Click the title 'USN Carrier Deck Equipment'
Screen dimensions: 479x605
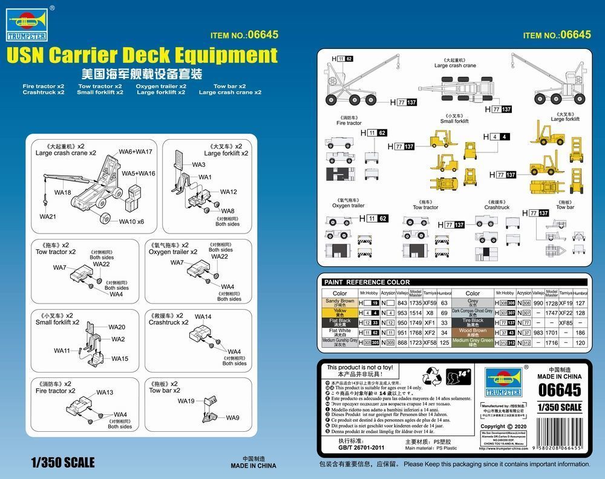point(142,56)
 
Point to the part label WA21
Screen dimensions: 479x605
point(48,217)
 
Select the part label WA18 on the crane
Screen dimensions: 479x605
point(62,192)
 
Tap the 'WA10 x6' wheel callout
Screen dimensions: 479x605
point(131,221)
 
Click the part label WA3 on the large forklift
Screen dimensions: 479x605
point(198,165)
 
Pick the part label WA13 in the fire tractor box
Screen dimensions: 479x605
point(105,393)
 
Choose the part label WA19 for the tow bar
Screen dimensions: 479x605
point(186,401)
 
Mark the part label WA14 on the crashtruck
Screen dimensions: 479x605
point(203,317)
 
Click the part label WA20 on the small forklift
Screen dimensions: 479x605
point(117,327)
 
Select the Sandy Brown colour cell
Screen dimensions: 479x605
point(339,302)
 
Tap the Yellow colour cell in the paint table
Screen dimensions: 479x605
point(339,312)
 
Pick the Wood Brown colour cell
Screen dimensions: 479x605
point(473,332)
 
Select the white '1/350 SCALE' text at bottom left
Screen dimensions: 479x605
point(62,463)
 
